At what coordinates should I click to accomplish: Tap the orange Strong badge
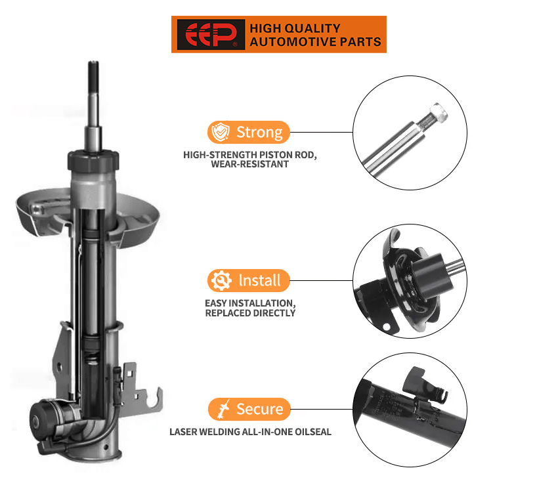click(249, 132)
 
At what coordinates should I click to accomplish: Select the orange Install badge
click(249, 280)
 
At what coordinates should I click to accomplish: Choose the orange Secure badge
click(249, 409)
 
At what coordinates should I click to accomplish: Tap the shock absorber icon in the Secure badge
click(222, 410)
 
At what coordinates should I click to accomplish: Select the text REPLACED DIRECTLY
click(250, 313)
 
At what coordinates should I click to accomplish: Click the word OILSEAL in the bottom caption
click(311, 432)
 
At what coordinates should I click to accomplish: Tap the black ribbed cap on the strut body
click(93, 159)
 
